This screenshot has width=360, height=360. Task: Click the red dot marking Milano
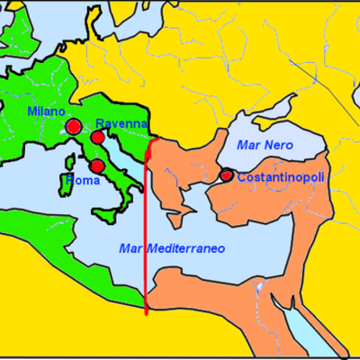point(73,126)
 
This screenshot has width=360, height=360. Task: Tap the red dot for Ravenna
point(96,137)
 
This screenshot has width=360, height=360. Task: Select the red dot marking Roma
point(97,166)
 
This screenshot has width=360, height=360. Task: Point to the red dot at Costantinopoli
point(227,175)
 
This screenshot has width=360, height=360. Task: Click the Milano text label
point(46,112)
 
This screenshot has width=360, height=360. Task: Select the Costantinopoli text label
point(280,175)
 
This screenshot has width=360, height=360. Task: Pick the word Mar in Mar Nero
point(247,145)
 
